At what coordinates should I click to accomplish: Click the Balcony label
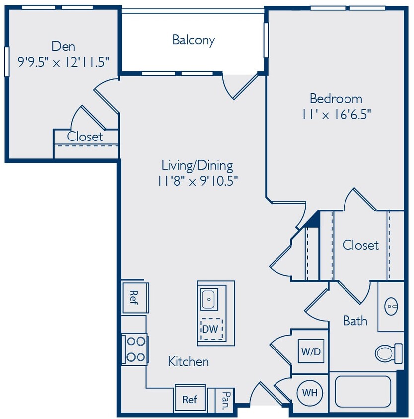[194, 40]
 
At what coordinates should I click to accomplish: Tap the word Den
[64, 47]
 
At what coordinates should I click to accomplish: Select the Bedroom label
[336, 98]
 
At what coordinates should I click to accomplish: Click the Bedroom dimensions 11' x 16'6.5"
[336, 114]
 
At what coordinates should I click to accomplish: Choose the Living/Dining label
[197, 165]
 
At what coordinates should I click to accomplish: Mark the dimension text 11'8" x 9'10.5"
[197, 180]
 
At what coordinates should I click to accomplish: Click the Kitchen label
[188, 361]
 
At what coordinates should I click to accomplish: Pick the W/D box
[310, 351]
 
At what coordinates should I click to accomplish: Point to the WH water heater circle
[310, 393]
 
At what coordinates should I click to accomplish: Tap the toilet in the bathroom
[388, 352]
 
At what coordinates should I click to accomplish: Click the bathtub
[363, 391]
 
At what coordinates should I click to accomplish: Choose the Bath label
[355, 321]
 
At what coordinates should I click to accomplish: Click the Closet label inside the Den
[85, 137]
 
